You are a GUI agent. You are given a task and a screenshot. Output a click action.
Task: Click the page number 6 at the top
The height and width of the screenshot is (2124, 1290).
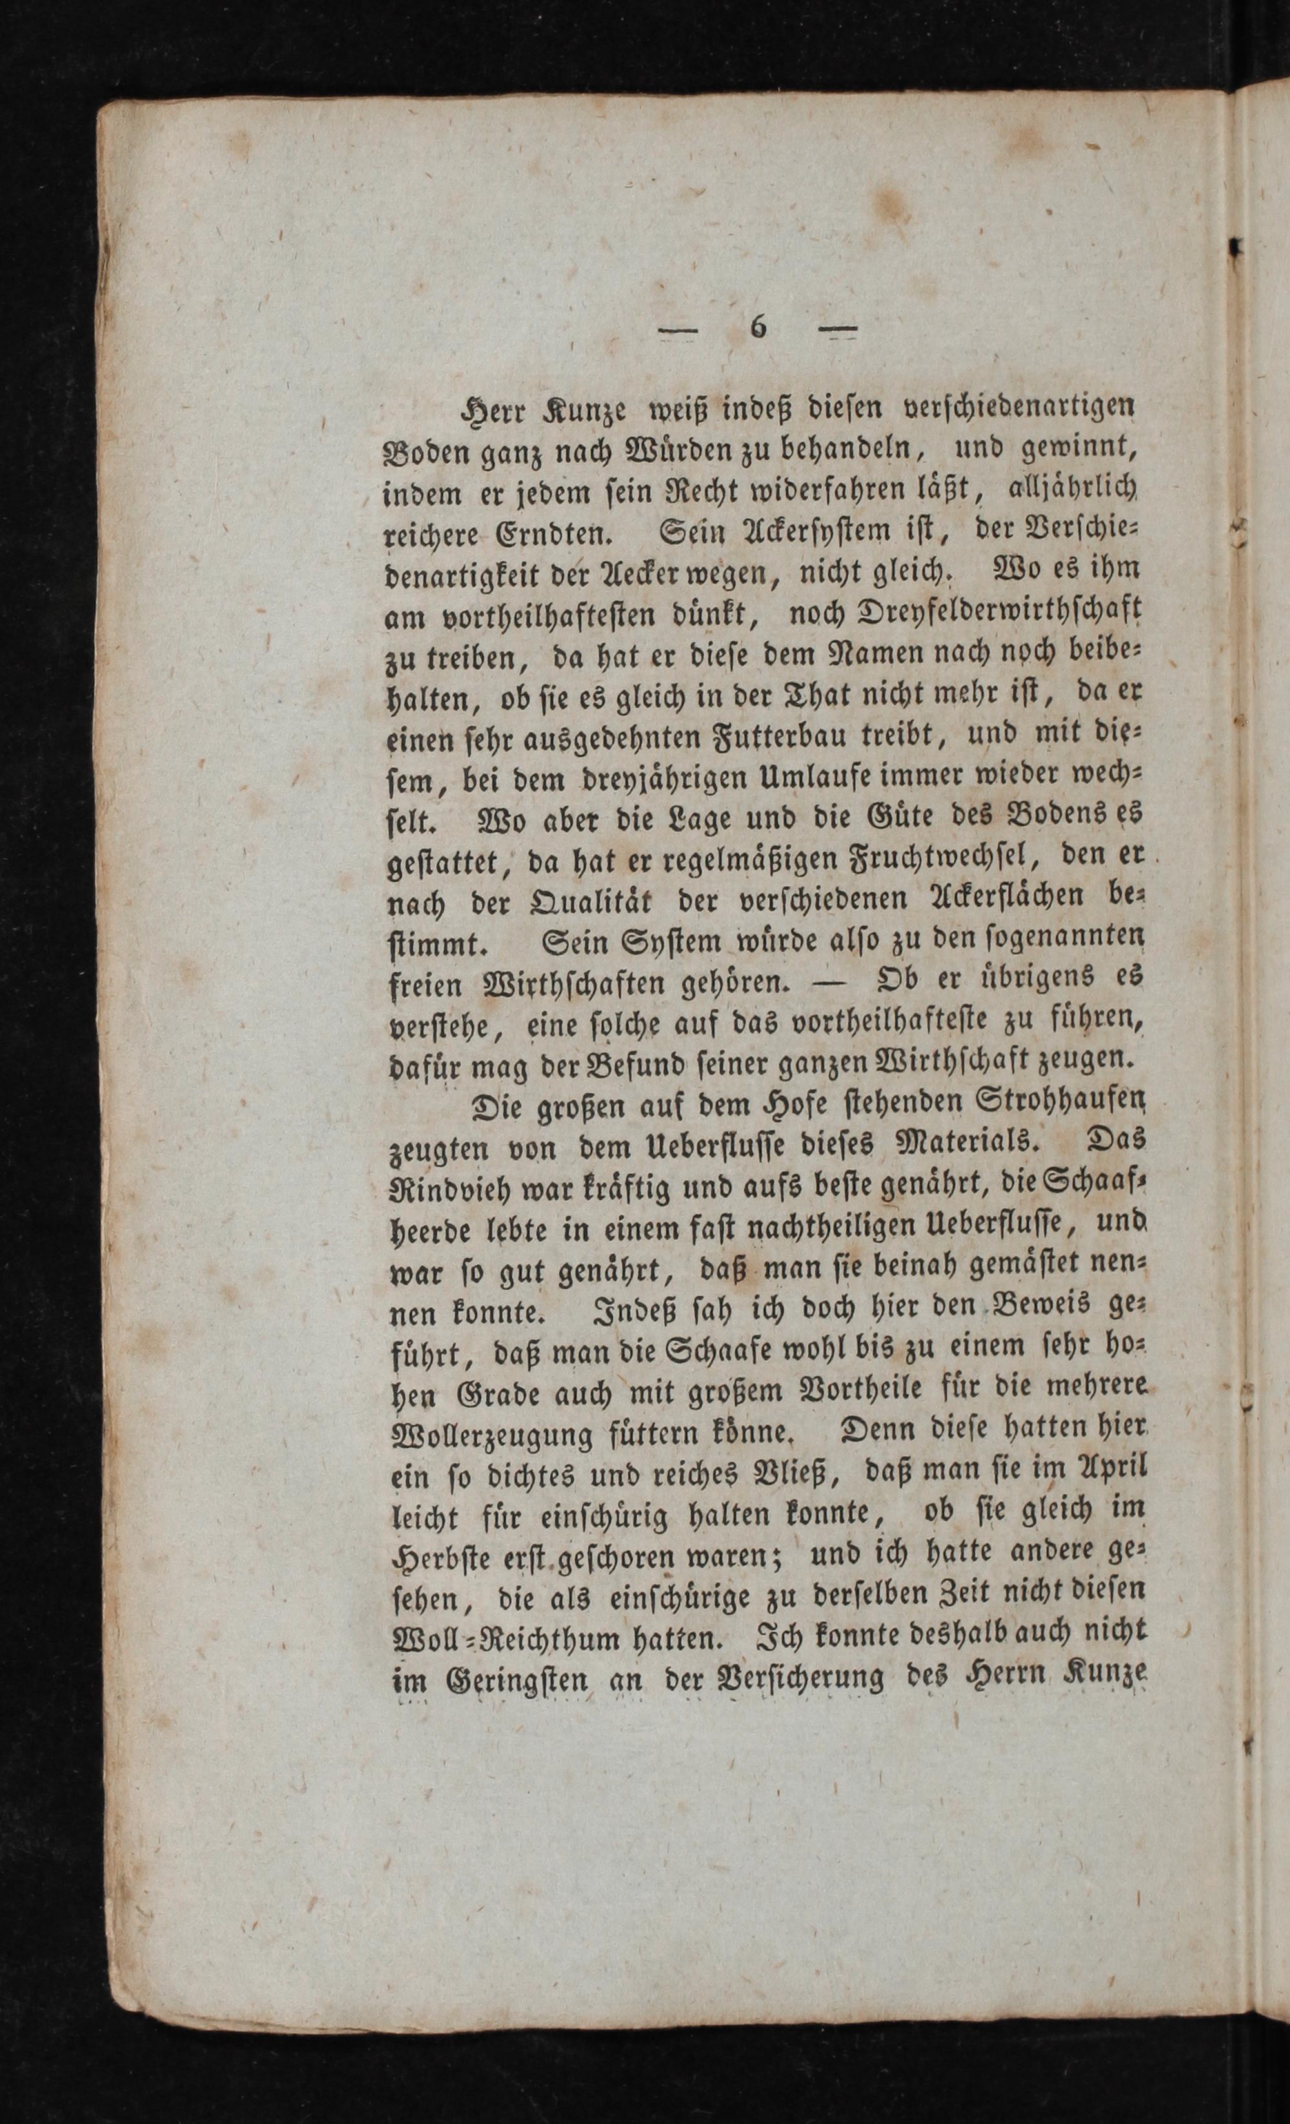tap(758, 327)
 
